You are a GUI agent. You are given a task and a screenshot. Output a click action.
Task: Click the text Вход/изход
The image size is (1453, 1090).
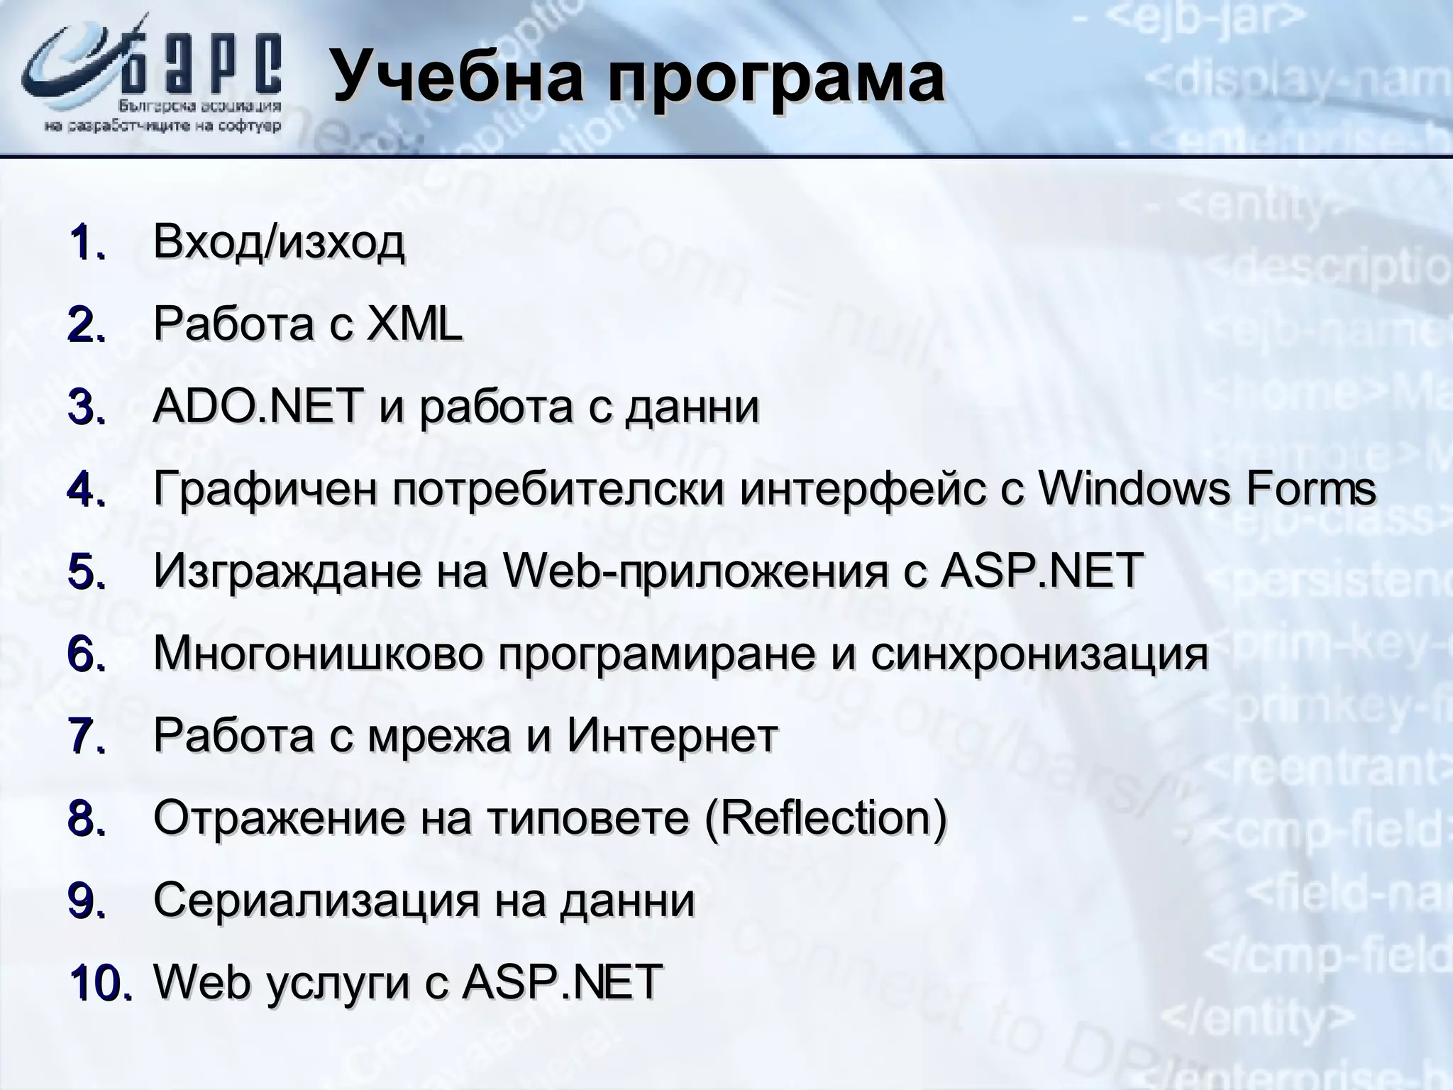[x=279, y=242]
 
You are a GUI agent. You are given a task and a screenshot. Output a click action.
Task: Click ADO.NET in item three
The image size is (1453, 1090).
[x=255, y=407]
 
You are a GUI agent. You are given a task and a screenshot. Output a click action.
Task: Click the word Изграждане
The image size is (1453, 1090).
[x=286, y=572]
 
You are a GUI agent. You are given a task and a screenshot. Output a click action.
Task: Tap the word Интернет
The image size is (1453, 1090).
[x=672, y=735]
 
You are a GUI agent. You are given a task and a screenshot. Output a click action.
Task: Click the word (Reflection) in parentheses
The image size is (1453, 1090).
[x=827, y=818]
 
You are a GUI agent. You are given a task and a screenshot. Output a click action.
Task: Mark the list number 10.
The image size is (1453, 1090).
[x=100, y=983]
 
